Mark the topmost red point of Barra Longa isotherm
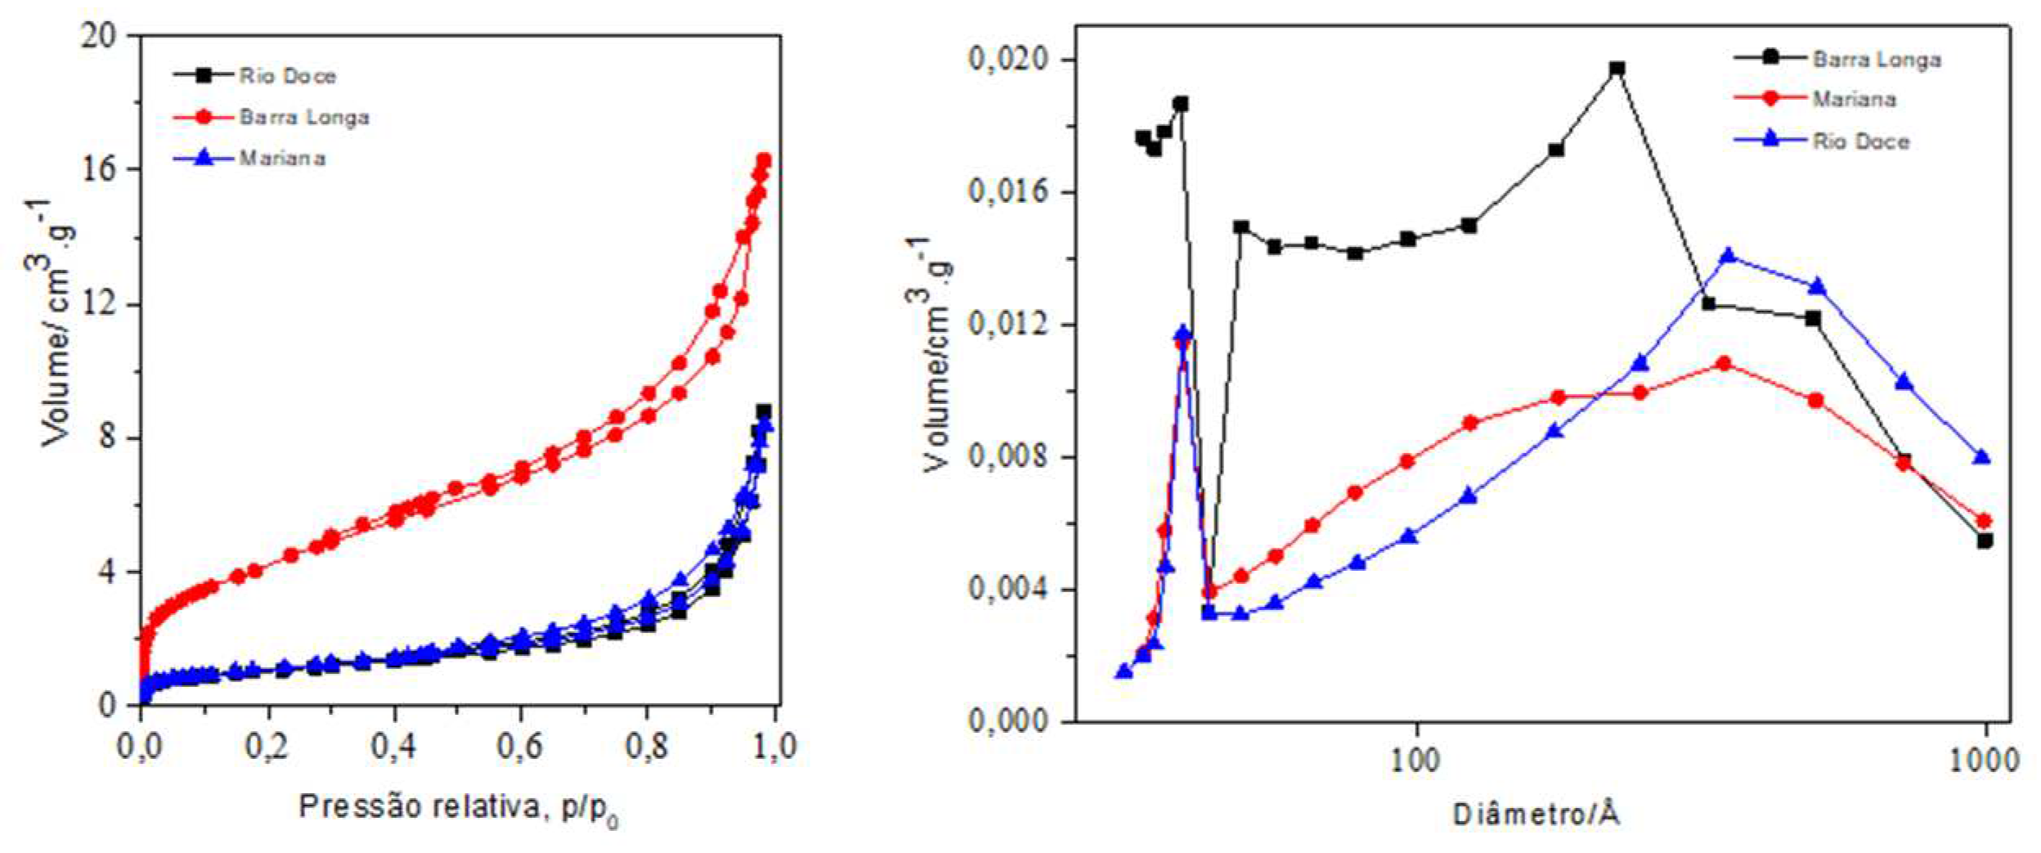pyautogui.click(x=764, y=160)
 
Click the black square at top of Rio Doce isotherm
pyautogui.click(x=763, y=412)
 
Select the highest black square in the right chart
pyautogui.click(x=1617, y=69)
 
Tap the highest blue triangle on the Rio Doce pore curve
pyautogui.click(x=1728, y=256)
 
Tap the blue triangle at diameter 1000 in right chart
pyautogui.click(x=1981, y=457)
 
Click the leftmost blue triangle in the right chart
pyautogui.click(x=1124, y=671)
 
